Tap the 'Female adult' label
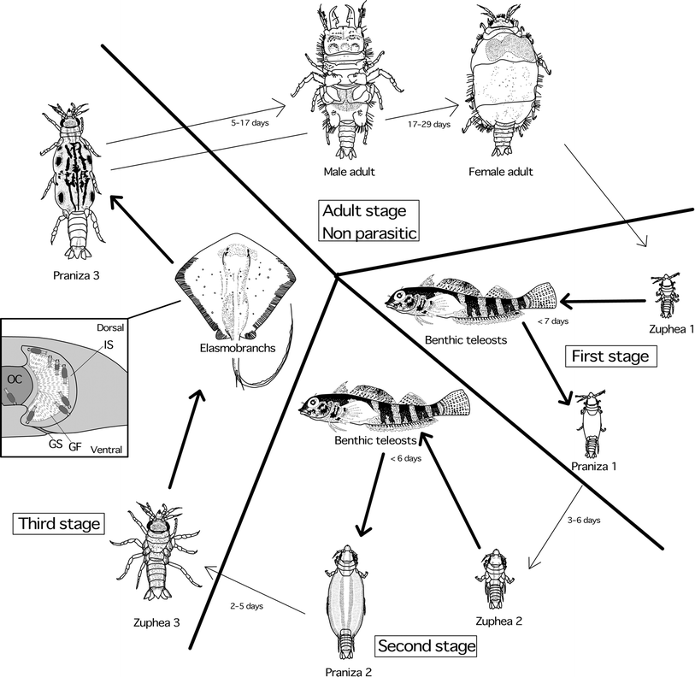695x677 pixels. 501,172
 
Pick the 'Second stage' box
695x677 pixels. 426,646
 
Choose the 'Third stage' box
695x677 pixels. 58,523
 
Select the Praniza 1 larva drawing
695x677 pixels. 588,423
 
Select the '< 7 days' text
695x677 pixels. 551,321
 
